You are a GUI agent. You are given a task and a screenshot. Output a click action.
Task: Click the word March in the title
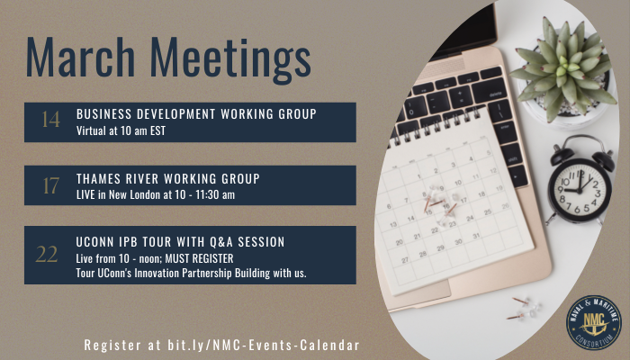80,56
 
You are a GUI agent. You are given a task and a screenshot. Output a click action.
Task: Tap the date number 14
51,120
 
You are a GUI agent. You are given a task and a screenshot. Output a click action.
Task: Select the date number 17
51,185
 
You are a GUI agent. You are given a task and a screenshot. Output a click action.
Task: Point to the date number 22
47,255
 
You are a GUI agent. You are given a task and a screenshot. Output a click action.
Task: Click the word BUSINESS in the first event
104,114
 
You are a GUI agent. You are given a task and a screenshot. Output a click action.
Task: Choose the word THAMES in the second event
98,179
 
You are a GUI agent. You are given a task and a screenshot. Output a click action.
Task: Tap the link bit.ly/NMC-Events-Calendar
264,345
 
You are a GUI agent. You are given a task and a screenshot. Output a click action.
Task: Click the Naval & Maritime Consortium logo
594,322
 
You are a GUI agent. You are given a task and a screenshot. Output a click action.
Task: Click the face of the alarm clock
579,191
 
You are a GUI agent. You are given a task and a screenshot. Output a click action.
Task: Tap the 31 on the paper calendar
476,236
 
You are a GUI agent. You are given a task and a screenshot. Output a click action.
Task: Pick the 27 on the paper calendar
405,260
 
